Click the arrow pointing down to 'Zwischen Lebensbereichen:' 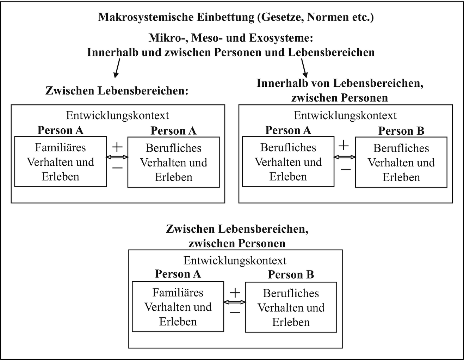pyautogui.click(x=117, y=68)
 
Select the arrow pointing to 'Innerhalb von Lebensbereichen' pyautogui.click(x=304, y=68)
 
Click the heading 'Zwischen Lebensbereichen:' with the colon pyautogui.click(x=117, y=91)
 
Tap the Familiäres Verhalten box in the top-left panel pyautogui.click(x=60, y=162)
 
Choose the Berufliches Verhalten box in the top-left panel pyautogui.click(x=173, y=163)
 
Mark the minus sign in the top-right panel pyautogui.click(x=345, y=170)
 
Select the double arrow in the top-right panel pyautogui.click(x=345, y=158)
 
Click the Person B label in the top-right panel pyautogui.click(x=401, y=131)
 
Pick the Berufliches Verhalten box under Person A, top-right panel pyautogui.click(x=288, y=162)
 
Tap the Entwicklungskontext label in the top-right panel pyautogui.click(x=345, y=116)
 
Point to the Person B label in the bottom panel pyautogui.click(x=291, y=275)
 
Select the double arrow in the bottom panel pyautogui.click(x=235, y=302)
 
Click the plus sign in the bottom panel pyautogui.click(x=235, y=292)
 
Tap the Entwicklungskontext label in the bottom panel pyautogui.click(x=235, y=261)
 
